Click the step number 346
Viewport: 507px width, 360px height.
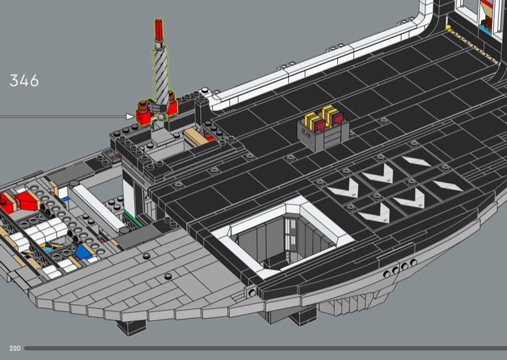coord(24,80)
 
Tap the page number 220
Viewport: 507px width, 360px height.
coord(15,349)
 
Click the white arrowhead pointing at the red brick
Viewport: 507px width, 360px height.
coord(131,117)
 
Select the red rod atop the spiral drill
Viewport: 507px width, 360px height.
coord(159,30)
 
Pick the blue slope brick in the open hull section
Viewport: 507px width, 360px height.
coord(84,251)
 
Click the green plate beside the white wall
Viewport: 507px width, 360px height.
coord(133,218)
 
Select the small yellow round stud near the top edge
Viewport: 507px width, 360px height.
coord(448,27)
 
